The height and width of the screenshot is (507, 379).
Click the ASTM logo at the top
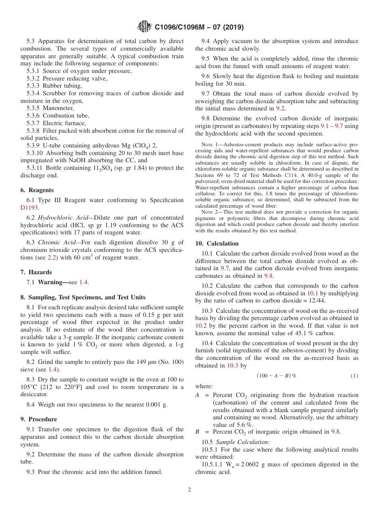144,27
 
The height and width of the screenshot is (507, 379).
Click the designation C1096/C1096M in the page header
182,28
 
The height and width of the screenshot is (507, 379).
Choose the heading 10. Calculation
217,244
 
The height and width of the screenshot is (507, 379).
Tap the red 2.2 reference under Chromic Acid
52,257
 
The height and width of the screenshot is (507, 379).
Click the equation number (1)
354,376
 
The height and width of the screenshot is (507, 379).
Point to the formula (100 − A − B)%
276,376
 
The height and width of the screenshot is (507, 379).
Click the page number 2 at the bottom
189,490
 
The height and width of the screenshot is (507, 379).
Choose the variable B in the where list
197,432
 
